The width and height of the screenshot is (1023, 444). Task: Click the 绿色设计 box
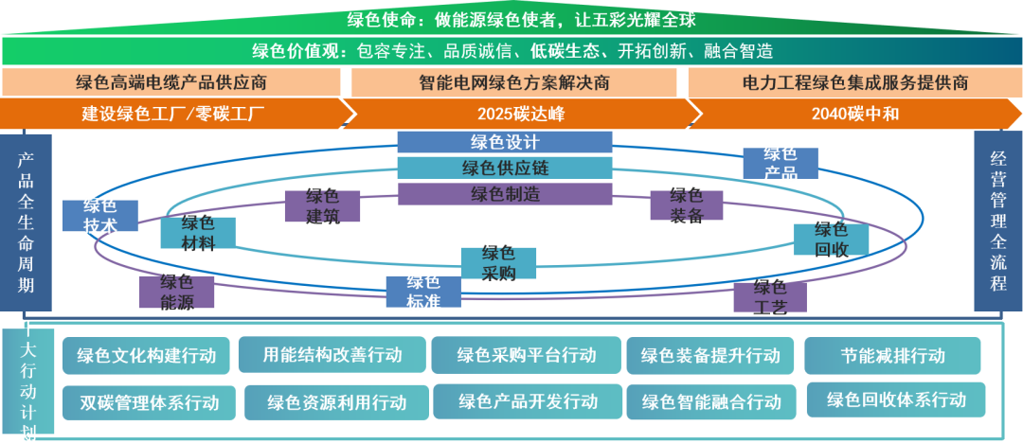pyautogui.click(x=505, y=143)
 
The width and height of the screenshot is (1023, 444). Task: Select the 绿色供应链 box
pyautogui.click(x=505, y=169)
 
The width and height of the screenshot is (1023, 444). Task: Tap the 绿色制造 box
pyautogui.click(x=505, y=194)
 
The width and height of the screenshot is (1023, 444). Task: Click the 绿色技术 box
pyautogui.click(x=99, y=216)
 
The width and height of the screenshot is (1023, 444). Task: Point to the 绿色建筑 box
pyautogui.click(x=322, y=207)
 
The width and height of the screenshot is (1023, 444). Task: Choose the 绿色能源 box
pyautogui.click(x=177, y=292)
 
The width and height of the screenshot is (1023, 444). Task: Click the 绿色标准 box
pyautogui.click(x=423, y=292)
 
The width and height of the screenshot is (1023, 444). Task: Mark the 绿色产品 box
pyautogui.click(x=780, y=163)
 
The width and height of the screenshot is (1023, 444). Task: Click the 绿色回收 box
pyautogui.click(x=831, y=240)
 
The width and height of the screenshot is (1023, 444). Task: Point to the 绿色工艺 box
pyautogui.click(x=769, y=296)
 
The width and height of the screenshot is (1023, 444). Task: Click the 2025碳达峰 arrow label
pyautogui.click(x=520, y=115)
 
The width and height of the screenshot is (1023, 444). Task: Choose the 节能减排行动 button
pyautogui.click(x=892, y=356)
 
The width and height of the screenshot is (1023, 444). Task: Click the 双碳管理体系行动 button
pyautogui.click(x=149, y=402)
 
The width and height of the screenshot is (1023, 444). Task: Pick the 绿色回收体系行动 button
pyautogui.click(x=896, y=400)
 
